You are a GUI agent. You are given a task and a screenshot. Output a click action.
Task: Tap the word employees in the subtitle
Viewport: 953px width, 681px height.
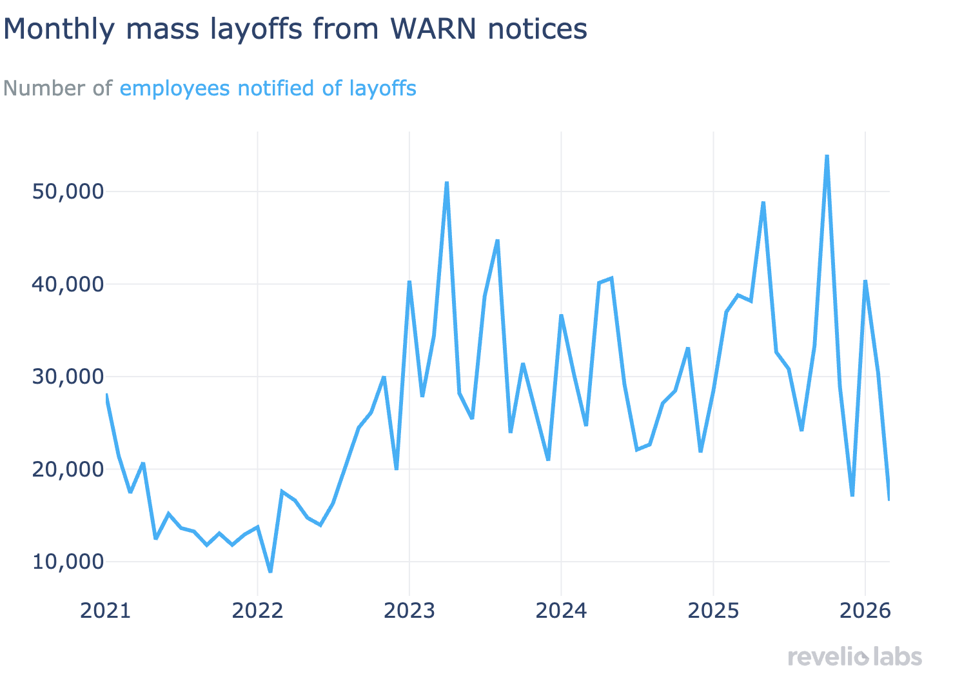coord(175,88)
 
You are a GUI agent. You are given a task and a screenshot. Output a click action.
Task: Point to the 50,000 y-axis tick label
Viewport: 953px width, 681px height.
coord(66,192)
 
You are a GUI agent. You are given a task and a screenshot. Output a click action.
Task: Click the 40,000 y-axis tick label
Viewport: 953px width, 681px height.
coord(66,284)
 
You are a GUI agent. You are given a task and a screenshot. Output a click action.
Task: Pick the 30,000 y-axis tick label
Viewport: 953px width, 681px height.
coord(66,377)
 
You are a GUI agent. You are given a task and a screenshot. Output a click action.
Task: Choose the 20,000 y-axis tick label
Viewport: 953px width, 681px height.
coord(66,469)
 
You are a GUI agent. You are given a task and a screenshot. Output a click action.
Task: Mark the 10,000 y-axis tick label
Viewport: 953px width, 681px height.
coord(66,562)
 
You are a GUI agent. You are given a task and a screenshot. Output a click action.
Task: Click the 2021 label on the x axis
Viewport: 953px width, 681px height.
coord(106,610)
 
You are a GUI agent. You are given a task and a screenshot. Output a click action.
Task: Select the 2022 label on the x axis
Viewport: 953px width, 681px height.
coord(257,610)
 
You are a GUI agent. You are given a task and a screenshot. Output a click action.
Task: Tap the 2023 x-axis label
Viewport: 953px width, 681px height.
coord(409,610)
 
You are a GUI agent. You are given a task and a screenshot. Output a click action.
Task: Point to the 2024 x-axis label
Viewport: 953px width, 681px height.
coord(561,610)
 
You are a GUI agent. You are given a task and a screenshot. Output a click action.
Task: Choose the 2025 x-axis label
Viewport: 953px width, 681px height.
coord(713,610)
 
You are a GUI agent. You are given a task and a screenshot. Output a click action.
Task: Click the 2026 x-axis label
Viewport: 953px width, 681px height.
coord(865,610)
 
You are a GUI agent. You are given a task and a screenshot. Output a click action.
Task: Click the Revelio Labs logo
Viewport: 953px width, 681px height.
coord(855,657)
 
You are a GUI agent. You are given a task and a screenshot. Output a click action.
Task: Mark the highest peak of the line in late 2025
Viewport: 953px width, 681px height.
coord(827,156)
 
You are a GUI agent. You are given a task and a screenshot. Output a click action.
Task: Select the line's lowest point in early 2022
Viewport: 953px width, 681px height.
coord(270,571)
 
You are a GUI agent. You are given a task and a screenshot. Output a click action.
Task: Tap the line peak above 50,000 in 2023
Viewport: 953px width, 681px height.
coord(447,183)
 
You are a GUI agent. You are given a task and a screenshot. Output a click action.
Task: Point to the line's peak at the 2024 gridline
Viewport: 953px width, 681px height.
coord(561,315)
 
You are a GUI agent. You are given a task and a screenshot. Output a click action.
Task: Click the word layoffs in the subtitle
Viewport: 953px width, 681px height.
coord(383,88)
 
